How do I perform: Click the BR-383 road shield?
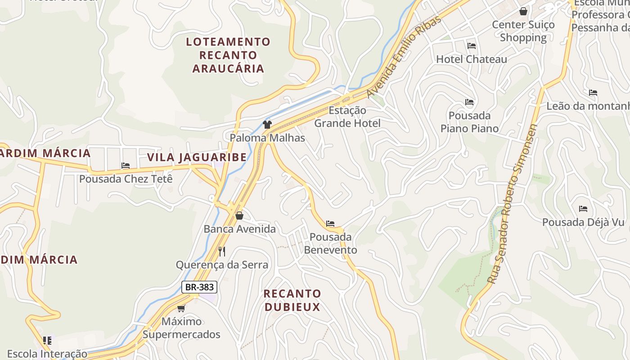point(199,287)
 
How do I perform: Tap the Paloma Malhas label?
point(267,138)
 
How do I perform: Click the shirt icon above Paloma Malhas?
point(267,125)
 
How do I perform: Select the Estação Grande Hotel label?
point(347,117)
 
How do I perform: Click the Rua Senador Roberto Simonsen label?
point(513,204)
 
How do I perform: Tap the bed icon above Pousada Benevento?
point(330,224)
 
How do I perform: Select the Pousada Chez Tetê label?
point(126,179)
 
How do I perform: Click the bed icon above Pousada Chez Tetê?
point(126,166)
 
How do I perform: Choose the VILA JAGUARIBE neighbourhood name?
point(197,157)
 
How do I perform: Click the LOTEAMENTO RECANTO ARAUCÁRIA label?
point(228,55)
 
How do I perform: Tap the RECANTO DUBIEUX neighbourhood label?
point(292,300)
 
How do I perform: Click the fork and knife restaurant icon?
point(221,251)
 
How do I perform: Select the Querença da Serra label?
point(222,265)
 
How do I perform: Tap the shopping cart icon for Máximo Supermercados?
point(181,308)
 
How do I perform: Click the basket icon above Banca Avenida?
point(239,216)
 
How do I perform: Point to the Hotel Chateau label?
point(471,59)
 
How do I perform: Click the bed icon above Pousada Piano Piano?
point(469,102)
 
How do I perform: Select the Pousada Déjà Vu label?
point(583,222)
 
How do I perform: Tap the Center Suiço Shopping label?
point(523,31)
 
